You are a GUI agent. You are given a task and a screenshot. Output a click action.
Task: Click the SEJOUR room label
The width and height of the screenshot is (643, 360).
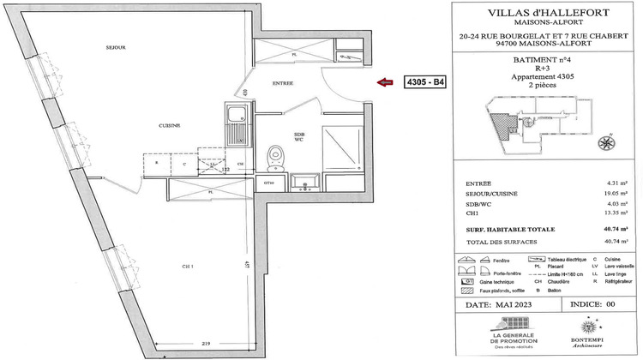(116, 48)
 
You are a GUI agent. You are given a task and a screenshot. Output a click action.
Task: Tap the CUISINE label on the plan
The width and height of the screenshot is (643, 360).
(169, 126)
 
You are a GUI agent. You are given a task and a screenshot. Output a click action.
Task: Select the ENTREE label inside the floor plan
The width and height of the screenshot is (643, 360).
(283, 83)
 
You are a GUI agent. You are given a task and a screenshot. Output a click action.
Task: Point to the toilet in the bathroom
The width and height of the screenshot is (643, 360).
(275, 157)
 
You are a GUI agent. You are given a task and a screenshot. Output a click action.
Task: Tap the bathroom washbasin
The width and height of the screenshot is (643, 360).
(304, 181)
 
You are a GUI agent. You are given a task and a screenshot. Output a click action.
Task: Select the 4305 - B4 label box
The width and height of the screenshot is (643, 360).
(425, 83)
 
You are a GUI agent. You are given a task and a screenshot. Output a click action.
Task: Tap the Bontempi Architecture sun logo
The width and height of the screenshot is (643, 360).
(591, 327)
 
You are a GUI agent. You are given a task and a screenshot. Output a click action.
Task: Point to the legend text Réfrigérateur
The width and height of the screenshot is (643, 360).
(619, 281)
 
